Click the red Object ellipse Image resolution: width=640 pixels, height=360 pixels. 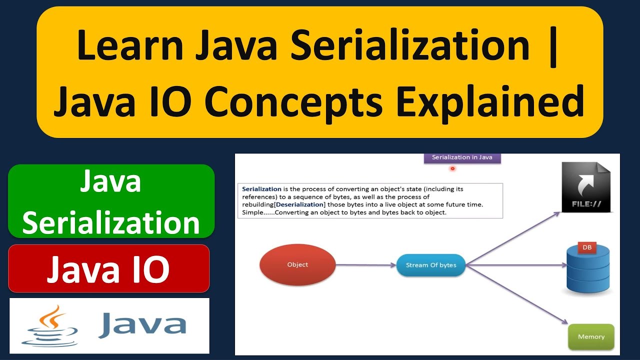297,264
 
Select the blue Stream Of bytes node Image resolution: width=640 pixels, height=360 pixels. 430,265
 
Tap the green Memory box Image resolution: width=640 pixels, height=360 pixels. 591,336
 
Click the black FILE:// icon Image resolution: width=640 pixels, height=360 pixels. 586,187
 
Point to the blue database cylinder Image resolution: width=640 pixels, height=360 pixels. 588,272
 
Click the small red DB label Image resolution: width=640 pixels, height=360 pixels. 587,247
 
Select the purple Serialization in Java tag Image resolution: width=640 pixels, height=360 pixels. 462,157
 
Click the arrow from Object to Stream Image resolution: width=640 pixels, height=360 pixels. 365,265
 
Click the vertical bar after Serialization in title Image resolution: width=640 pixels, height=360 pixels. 552,46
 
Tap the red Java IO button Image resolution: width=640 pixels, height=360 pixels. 108,268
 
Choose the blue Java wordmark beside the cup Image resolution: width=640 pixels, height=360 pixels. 142,324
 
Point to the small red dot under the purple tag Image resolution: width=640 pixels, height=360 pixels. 452,168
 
